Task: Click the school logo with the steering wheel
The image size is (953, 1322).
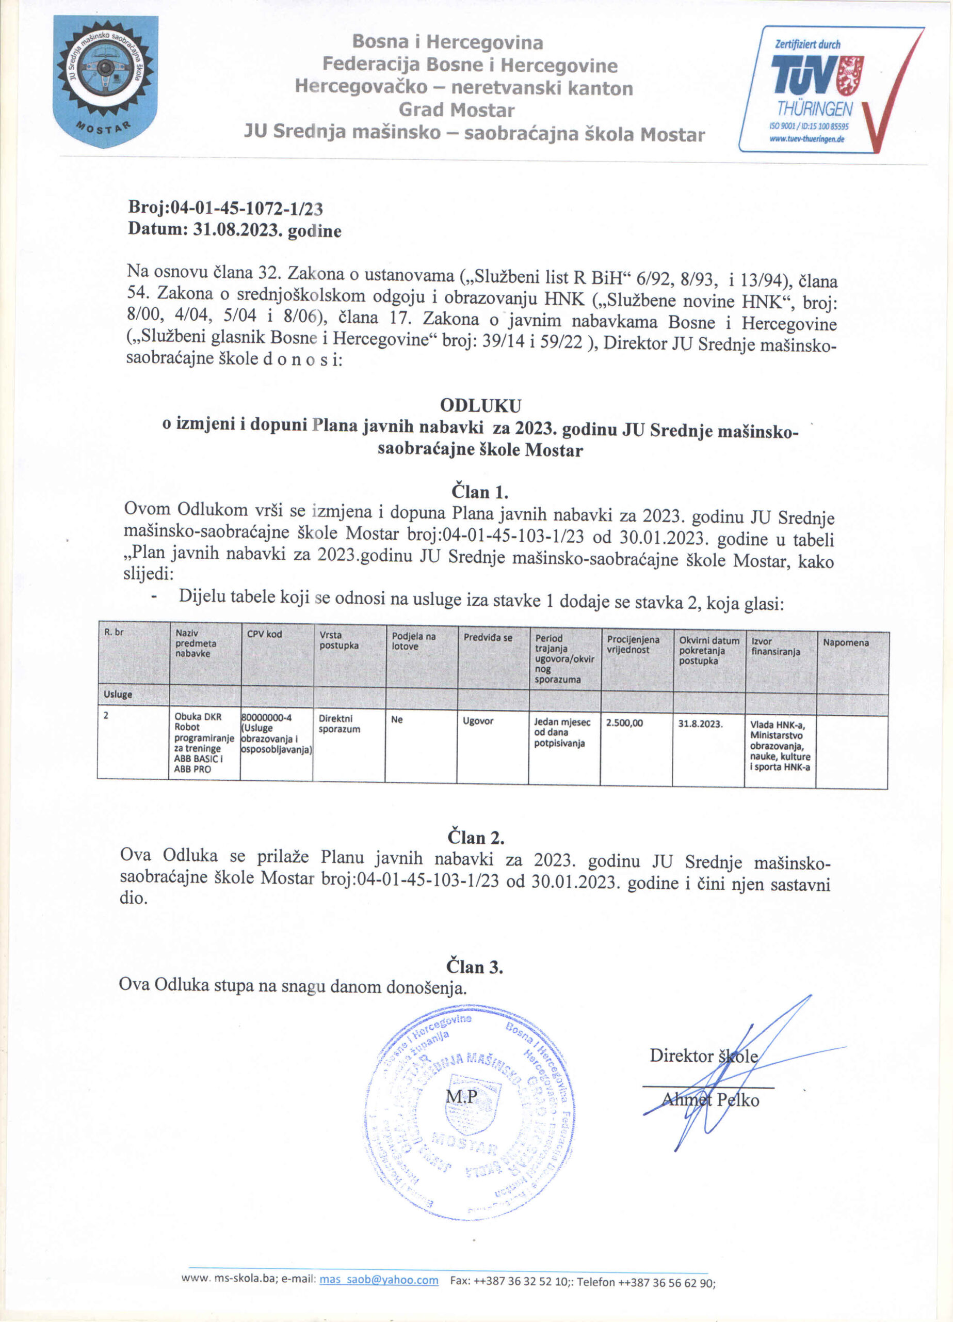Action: (105, 81)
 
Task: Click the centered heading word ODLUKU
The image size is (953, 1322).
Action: (480, 405)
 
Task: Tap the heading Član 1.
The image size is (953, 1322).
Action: (479, 492)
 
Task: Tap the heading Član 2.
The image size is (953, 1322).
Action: (475, 838)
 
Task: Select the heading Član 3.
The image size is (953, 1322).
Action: (475, 967)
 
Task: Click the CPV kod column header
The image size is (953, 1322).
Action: (265, 634)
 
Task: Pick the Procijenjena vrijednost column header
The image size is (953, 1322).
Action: (633, 644)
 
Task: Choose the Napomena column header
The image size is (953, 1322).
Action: (846, 642)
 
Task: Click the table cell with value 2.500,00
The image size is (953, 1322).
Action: (624, 723)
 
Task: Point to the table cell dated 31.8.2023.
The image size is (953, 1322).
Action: (700, 724)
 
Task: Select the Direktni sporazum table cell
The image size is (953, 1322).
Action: (339, 724)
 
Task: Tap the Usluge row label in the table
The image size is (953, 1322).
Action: (118, 694)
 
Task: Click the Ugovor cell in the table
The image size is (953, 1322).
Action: (478, 721)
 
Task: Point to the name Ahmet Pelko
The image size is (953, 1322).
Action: (710, 1099)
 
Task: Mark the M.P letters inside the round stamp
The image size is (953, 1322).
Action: (461, 1096)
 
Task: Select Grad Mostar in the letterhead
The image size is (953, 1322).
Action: (457, 110)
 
